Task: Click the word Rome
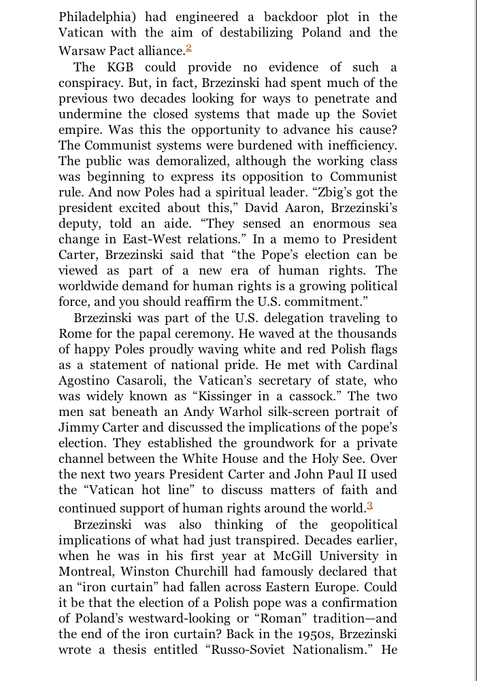73,333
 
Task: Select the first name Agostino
91,380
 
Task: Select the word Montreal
84,572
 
